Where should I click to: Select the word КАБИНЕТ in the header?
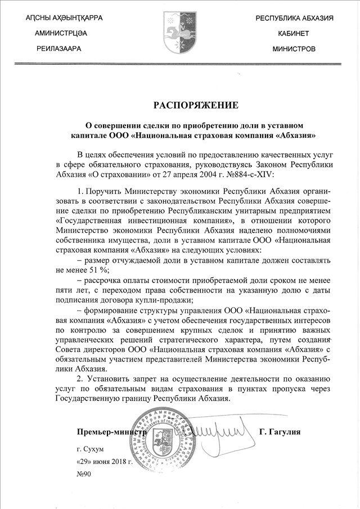(292, 34)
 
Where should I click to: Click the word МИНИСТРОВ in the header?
(294, 49)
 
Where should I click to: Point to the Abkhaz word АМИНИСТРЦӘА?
(61, 34)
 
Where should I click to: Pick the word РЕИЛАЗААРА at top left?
(61, 49)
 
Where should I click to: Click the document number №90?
(83, 474)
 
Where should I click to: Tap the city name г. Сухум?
(90, 448)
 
